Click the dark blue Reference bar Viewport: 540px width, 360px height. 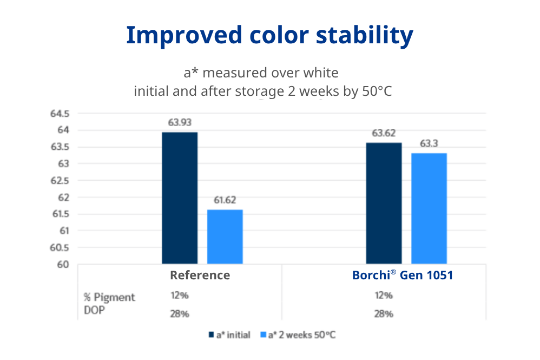(x=180, y=198)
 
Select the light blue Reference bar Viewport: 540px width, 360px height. (x=225, y=237)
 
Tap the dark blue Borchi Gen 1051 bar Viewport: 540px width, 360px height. (x=384, y=203)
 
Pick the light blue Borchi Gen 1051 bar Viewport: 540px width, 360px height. (x=429, y=208)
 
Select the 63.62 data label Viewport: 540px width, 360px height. (x=383, y=133)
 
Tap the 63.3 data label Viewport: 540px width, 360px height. (x=429, y=143)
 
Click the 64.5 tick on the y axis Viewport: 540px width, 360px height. (x=60, y=114)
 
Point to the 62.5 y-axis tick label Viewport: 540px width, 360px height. (x=60, y=181)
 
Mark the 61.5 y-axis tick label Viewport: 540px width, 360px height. (x=60, y=214)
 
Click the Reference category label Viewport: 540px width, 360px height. (x=200, y=275)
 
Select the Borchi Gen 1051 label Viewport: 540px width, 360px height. (x=402, y=275)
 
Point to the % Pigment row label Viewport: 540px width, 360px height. (x=109, y=297)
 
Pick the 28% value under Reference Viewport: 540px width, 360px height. (x=179, y=314)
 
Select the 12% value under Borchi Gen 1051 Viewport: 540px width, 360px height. (x=383, y=296)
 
